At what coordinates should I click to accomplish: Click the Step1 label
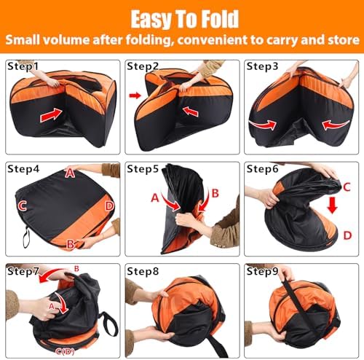click(23, 66)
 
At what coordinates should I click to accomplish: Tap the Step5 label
click(143, 169)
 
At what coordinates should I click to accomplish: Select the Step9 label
click(262, 271)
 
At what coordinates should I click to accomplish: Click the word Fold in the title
click(221, 19)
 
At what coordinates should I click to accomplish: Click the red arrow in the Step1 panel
click(51, 115)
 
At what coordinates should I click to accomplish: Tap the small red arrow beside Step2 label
click(135, 95)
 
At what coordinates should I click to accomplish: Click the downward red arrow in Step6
click(332, 206)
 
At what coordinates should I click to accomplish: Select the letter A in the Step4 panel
click(70, 173)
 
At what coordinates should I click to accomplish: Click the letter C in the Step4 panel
click(23, 206)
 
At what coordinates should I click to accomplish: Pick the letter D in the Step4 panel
click(109, 206)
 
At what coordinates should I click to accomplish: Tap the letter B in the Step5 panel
click(215, 193)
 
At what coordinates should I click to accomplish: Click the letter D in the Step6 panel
click(347, 235)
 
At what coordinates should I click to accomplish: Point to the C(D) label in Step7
click(65, 351)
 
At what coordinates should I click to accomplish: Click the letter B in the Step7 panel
click(76, 269)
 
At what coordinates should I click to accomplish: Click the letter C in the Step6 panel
click(347, 187)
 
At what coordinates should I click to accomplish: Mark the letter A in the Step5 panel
click(155, 198)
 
